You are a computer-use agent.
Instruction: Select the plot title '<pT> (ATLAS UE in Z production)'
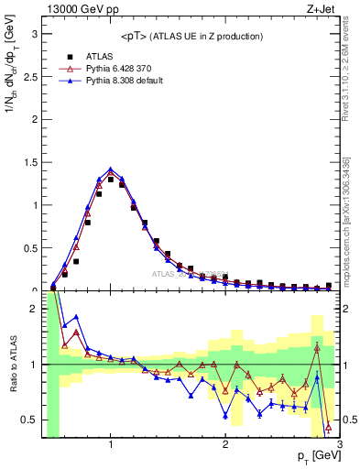191,36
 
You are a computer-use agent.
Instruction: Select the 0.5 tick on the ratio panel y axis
30,420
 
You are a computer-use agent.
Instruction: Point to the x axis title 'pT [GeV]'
317,455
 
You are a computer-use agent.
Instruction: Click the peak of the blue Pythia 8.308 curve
111,169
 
